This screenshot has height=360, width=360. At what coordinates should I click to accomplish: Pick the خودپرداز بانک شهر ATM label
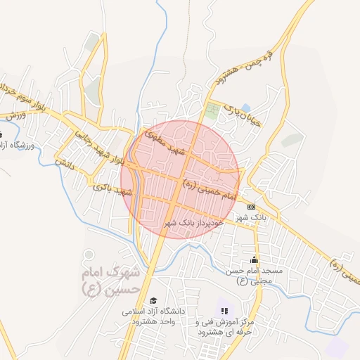coord(193,222)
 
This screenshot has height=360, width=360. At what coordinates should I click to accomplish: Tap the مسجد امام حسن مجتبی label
coord(253,276)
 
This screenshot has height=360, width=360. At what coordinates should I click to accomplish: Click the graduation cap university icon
coord(154,300)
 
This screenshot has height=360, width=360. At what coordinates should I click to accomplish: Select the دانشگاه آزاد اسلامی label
coord(157,316)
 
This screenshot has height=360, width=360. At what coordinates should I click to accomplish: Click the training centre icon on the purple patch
coord(224,310)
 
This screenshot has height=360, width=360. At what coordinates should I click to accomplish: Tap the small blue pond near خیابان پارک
coord(245,108)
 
